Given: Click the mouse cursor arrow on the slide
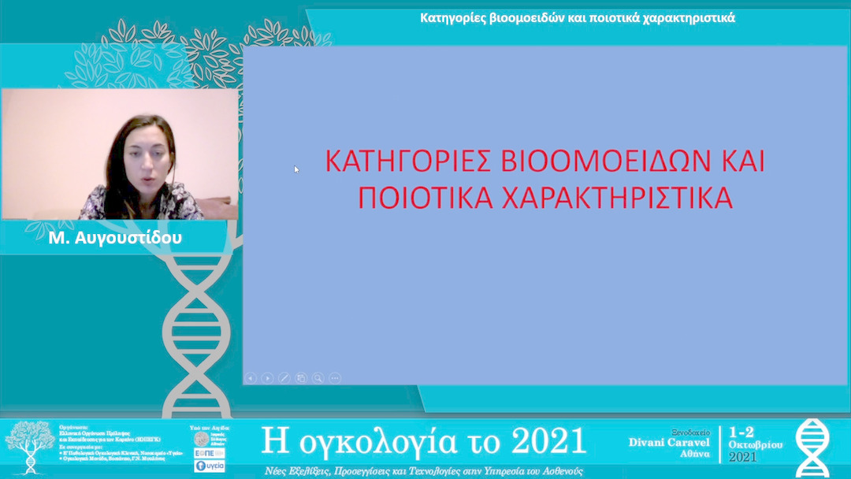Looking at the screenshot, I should [296, 169].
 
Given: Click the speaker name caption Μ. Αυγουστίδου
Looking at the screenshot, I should [115, 237].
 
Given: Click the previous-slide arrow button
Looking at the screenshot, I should [251, 378].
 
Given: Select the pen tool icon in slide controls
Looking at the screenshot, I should [284, 378].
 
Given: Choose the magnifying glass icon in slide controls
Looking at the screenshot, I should [318, 378].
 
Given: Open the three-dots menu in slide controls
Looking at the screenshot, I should [334, 378].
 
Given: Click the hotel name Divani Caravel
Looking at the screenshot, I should [669, 442].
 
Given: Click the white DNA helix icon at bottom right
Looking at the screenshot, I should [812, 447].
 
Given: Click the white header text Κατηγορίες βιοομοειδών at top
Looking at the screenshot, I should [504, 17].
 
